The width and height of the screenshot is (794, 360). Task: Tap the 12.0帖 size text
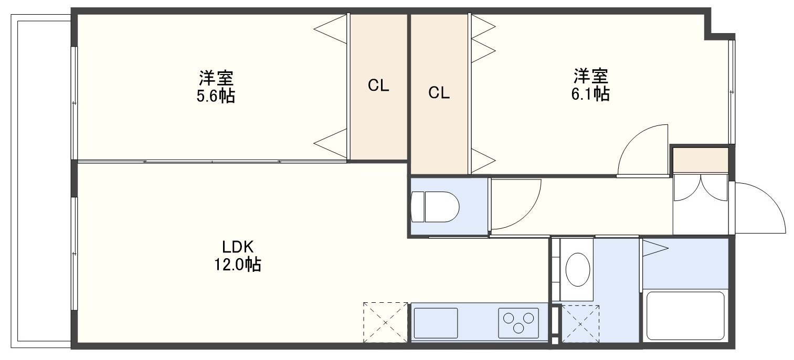pyautogui.click(x=238, y=264)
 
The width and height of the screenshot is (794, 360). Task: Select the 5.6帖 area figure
pyautogui.click(x=216, y=96)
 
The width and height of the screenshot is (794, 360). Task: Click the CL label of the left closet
pyautogui.click(x=378, y=86)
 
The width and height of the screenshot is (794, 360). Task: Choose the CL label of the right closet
pyautogui.click(x=439, y=93)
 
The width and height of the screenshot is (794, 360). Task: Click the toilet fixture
pyautogui.click(x=435, y=207)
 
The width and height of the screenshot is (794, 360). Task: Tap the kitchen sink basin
pyautogui.click(x=436, y=323)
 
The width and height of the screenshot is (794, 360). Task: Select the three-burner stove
pyautogui.click(x=518, y=323)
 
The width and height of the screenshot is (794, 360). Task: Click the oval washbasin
pyautogui.click(x=578, y=270)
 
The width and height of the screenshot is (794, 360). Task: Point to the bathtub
pyautogui.click(x=685, y=316)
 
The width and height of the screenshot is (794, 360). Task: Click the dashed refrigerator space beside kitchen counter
pyautogui.click(x=385, y=322)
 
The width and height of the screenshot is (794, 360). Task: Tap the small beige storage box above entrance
pyautogui.click(x=701, y=160)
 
